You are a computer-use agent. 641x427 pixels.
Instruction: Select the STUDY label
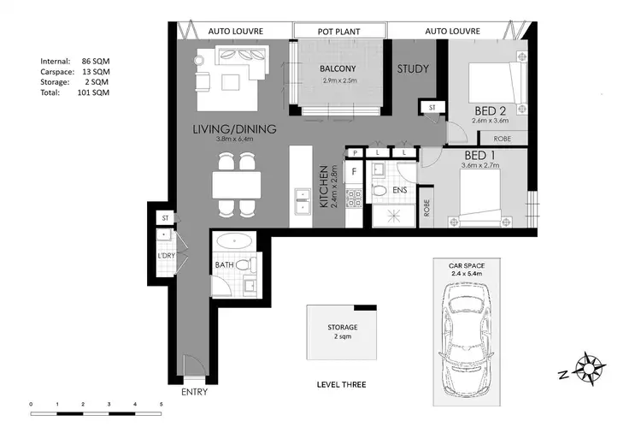coord(413,68)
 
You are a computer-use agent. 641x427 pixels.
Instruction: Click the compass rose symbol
coord(591,369)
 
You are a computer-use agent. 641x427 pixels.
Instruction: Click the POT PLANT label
coord(338,32)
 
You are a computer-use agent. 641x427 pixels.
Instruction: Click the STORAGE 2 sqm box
coord(341,332)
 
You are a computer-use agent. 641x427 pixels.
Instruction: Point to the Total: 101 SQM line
coord(74,92)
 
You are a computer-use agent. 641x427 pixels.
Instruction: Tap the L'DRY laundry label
coord(166,255)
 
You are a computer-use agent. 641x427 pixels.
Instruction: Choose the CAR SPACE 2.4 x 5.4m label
coord(468,270)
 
